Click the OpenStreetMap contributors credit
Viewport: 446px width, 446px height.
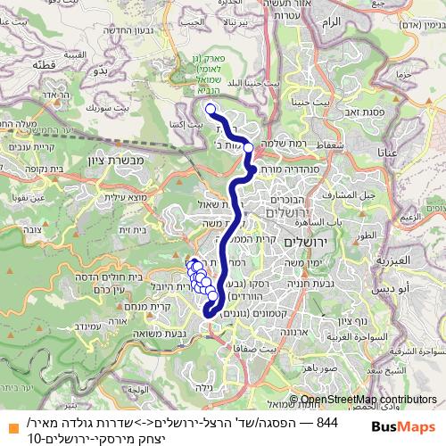pos(368,401)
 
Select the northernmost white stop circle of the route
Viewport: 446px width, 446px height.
pos(211,110)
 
